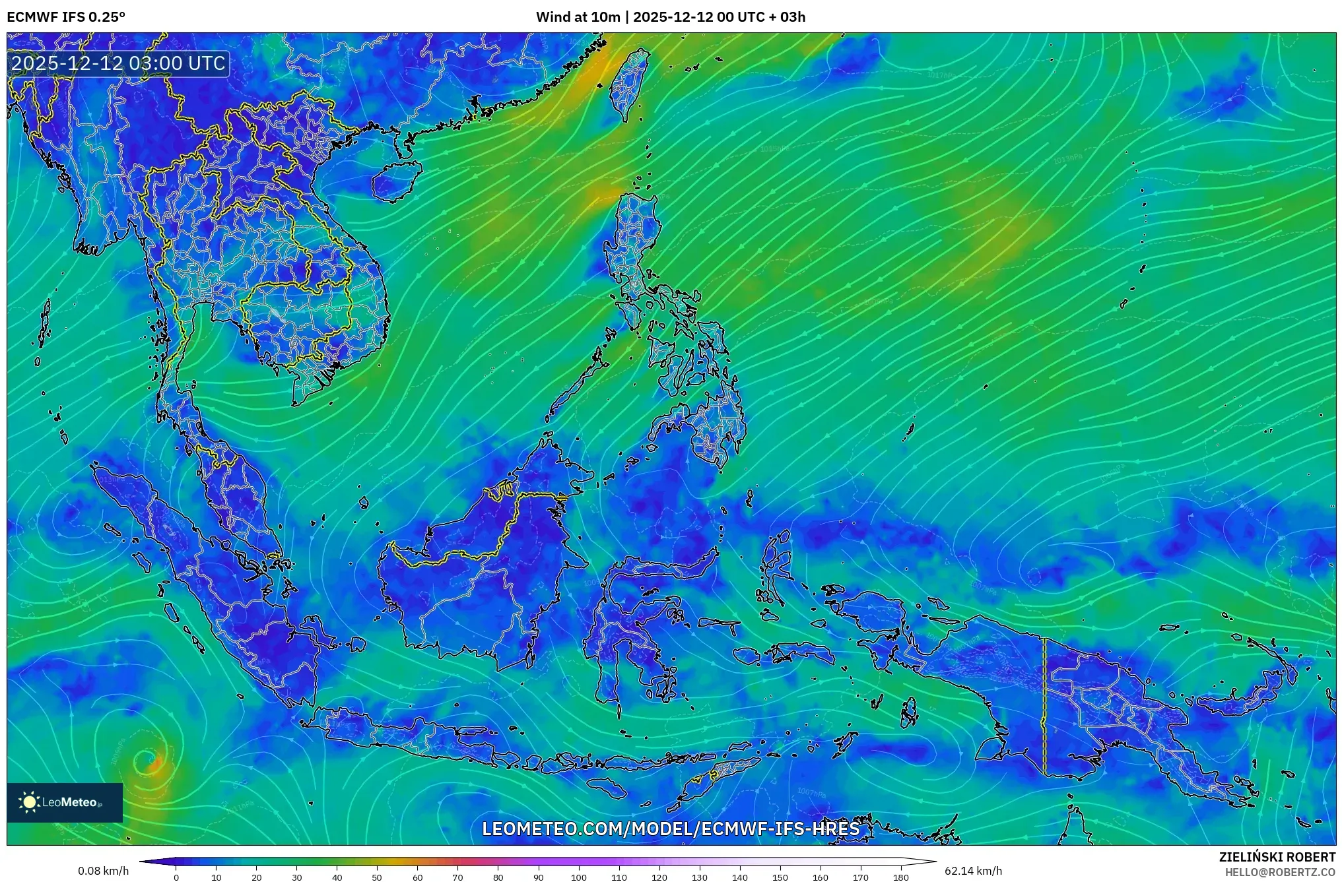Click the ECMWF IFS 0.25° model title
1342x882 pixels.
tap(66, 17)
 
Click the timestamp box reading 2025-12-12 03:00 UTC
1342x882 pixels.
tap(119, 63)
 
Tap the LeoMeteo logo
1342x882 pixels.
tap(65, 802)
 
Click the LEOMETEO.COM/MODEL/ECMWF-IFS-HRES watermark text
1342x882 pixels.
tap(671, 829)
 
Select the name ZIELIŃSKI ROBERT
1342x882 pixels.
tap(1277, 857)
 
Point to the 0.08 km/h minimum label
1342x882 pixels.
tap(103, 871)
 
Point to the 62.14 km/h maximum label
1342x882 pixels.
tap(973, 871)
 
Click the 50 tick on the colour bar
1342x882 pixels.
tap(377, 877)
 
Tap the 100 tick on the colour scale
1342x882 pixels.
tap(579, 877)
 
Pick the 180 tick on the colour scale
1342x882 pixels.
tap(901, 877)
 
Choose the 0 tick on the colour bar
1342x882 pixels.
tap(176, 877)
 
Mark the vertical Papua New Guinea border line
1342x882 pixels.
tap(1044, 706)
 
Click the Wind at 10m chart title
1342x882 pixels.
tap(671, 17)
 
